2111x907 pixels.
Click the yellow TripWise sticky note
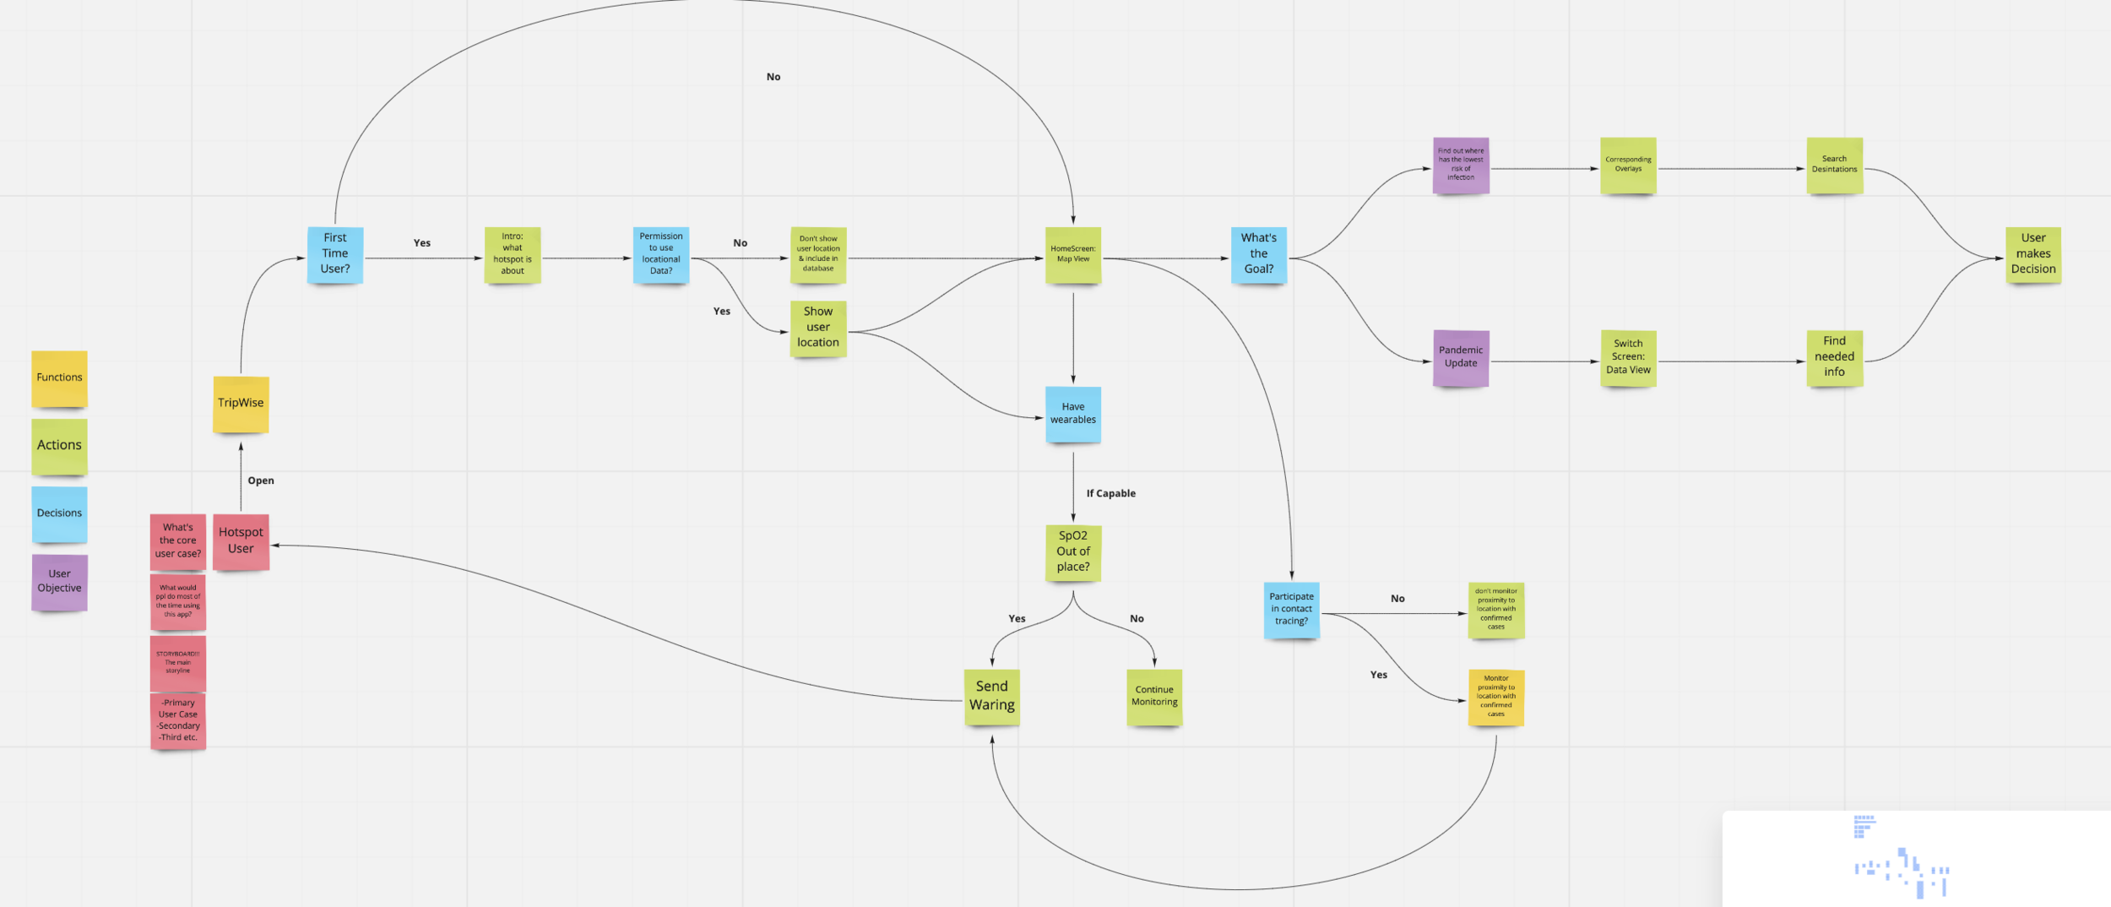241,404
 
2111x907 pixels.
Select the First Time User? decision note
335,254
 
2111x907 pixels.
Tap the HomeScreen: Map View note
1073,254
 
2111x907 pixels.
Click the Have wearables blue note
1073,414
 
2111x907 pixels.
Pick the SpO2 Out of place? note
1073,552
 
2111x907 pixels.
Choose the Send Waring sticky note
992,697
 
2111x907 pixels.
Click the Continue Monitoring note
1154,697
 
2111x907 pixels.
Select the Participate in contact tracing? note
1291,610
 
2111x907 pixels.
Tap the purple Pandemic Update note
1461,358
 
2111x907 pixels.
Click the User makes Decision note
2033,254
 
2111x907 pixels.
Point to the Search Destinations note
1834,166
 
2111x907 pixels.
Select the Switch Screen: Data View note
1628,358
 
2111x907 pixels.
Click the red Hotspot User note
241,541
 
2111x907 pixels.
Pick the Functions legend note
59,378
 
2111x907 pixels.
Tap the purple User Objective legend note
59,582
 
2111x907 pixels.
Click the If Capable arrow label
1110,494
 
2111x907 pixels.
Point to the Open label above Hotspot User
261,481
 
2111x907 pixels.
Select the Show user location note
818,329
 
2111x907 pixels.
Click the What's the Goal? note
1258,254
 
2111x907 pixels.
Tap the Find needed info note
1834,358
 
